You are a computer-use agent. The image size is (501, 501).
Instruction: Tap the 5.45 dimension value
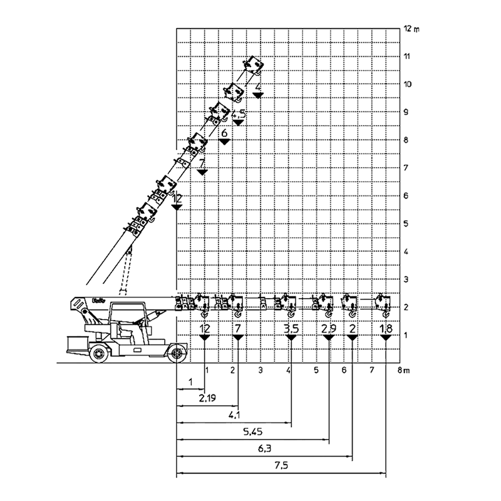[x=252, y=431]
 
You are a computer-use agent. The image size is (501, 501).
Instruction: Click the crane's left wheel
[x=100, y=354]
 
